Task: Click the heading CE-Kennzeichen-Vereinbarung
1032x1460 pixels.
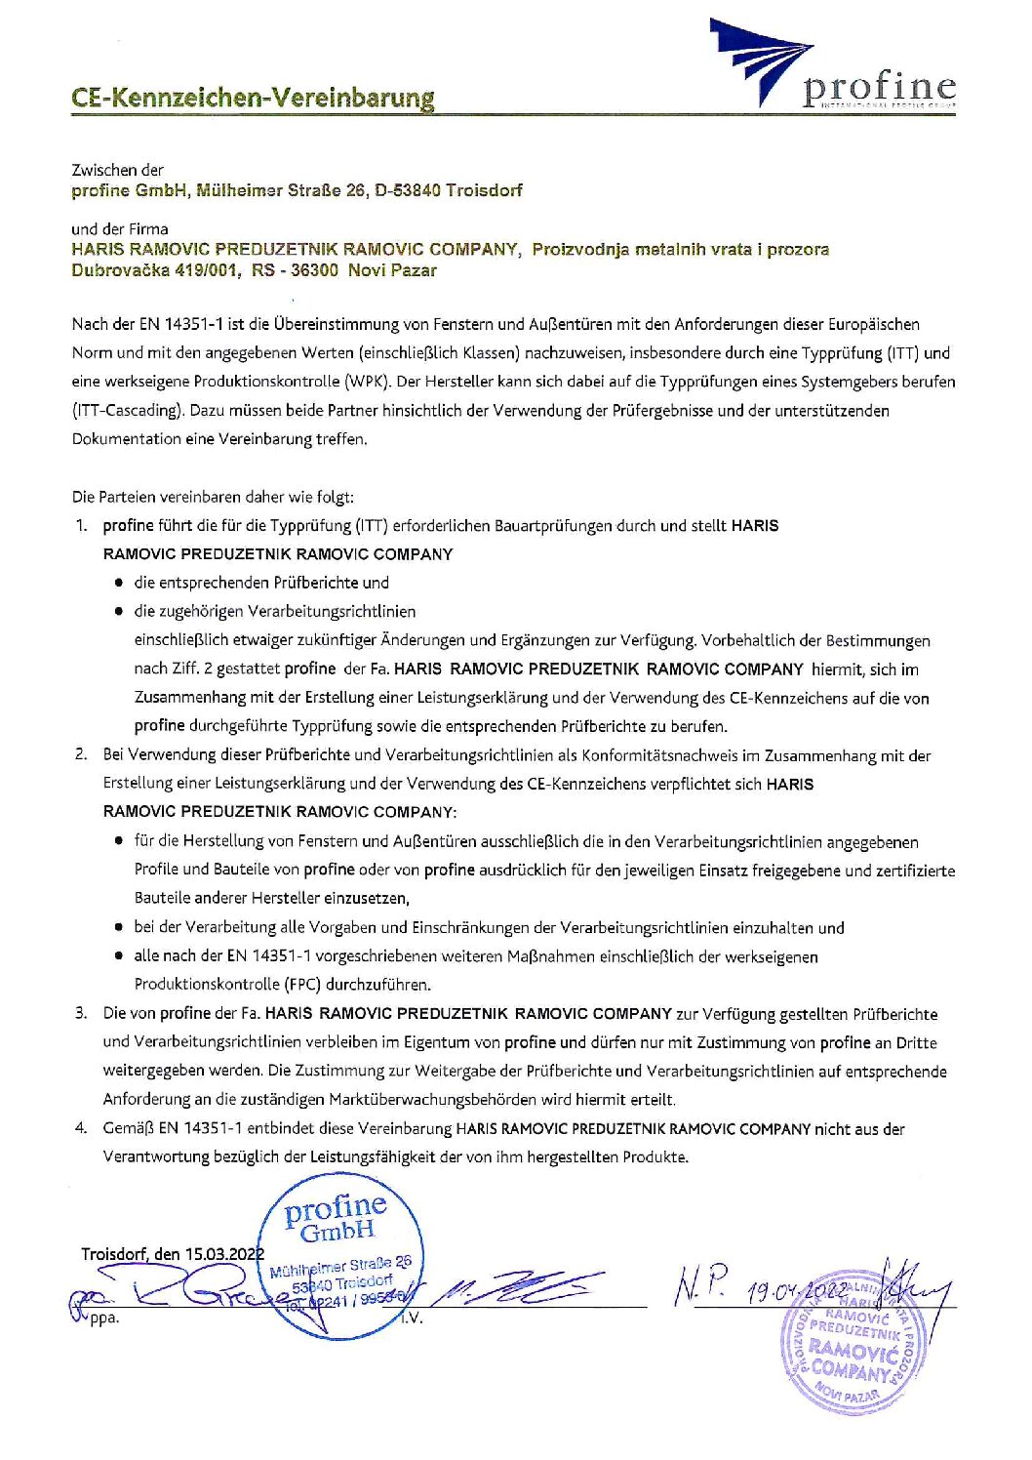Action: (253, 99)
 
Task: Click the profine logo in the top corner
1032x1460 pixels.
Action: (832, 65)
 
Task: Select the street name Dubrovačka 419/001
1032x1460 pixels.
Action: (154, 270)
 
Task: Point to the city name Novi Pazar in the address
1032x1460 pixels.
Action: (392, 270)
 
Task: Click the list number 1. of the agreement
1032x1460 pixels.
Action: (82, 526)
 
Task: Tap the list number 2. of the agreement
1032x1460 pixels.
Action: (82, 754)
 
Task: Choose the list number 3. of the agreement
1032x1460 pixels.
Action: (82, 1013)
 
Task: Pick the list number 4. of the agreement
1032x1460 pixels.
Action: (82, 1128)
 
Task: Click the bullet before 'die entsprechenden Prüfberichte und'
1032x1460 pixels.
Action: (118, 583)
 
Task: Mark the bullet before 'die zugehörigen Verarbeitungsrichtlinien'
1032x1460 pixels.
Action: (118, 612)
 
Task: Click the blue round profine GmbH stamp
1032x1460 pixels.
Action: (337, 1254)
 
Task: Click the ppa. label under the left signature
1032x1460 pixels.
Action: (103, 1318)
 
